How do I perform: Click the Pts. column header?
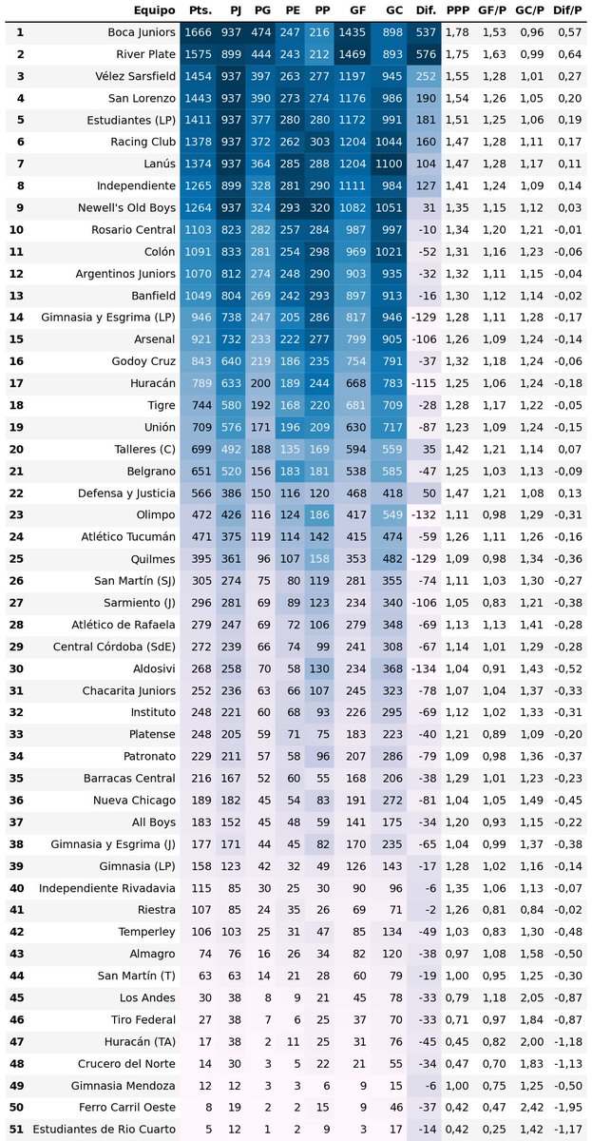pos(201,10)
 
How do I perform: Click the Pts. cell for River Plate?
pos(201,54)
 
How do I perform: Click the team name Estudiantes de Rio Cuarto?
pos(105,1130)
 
